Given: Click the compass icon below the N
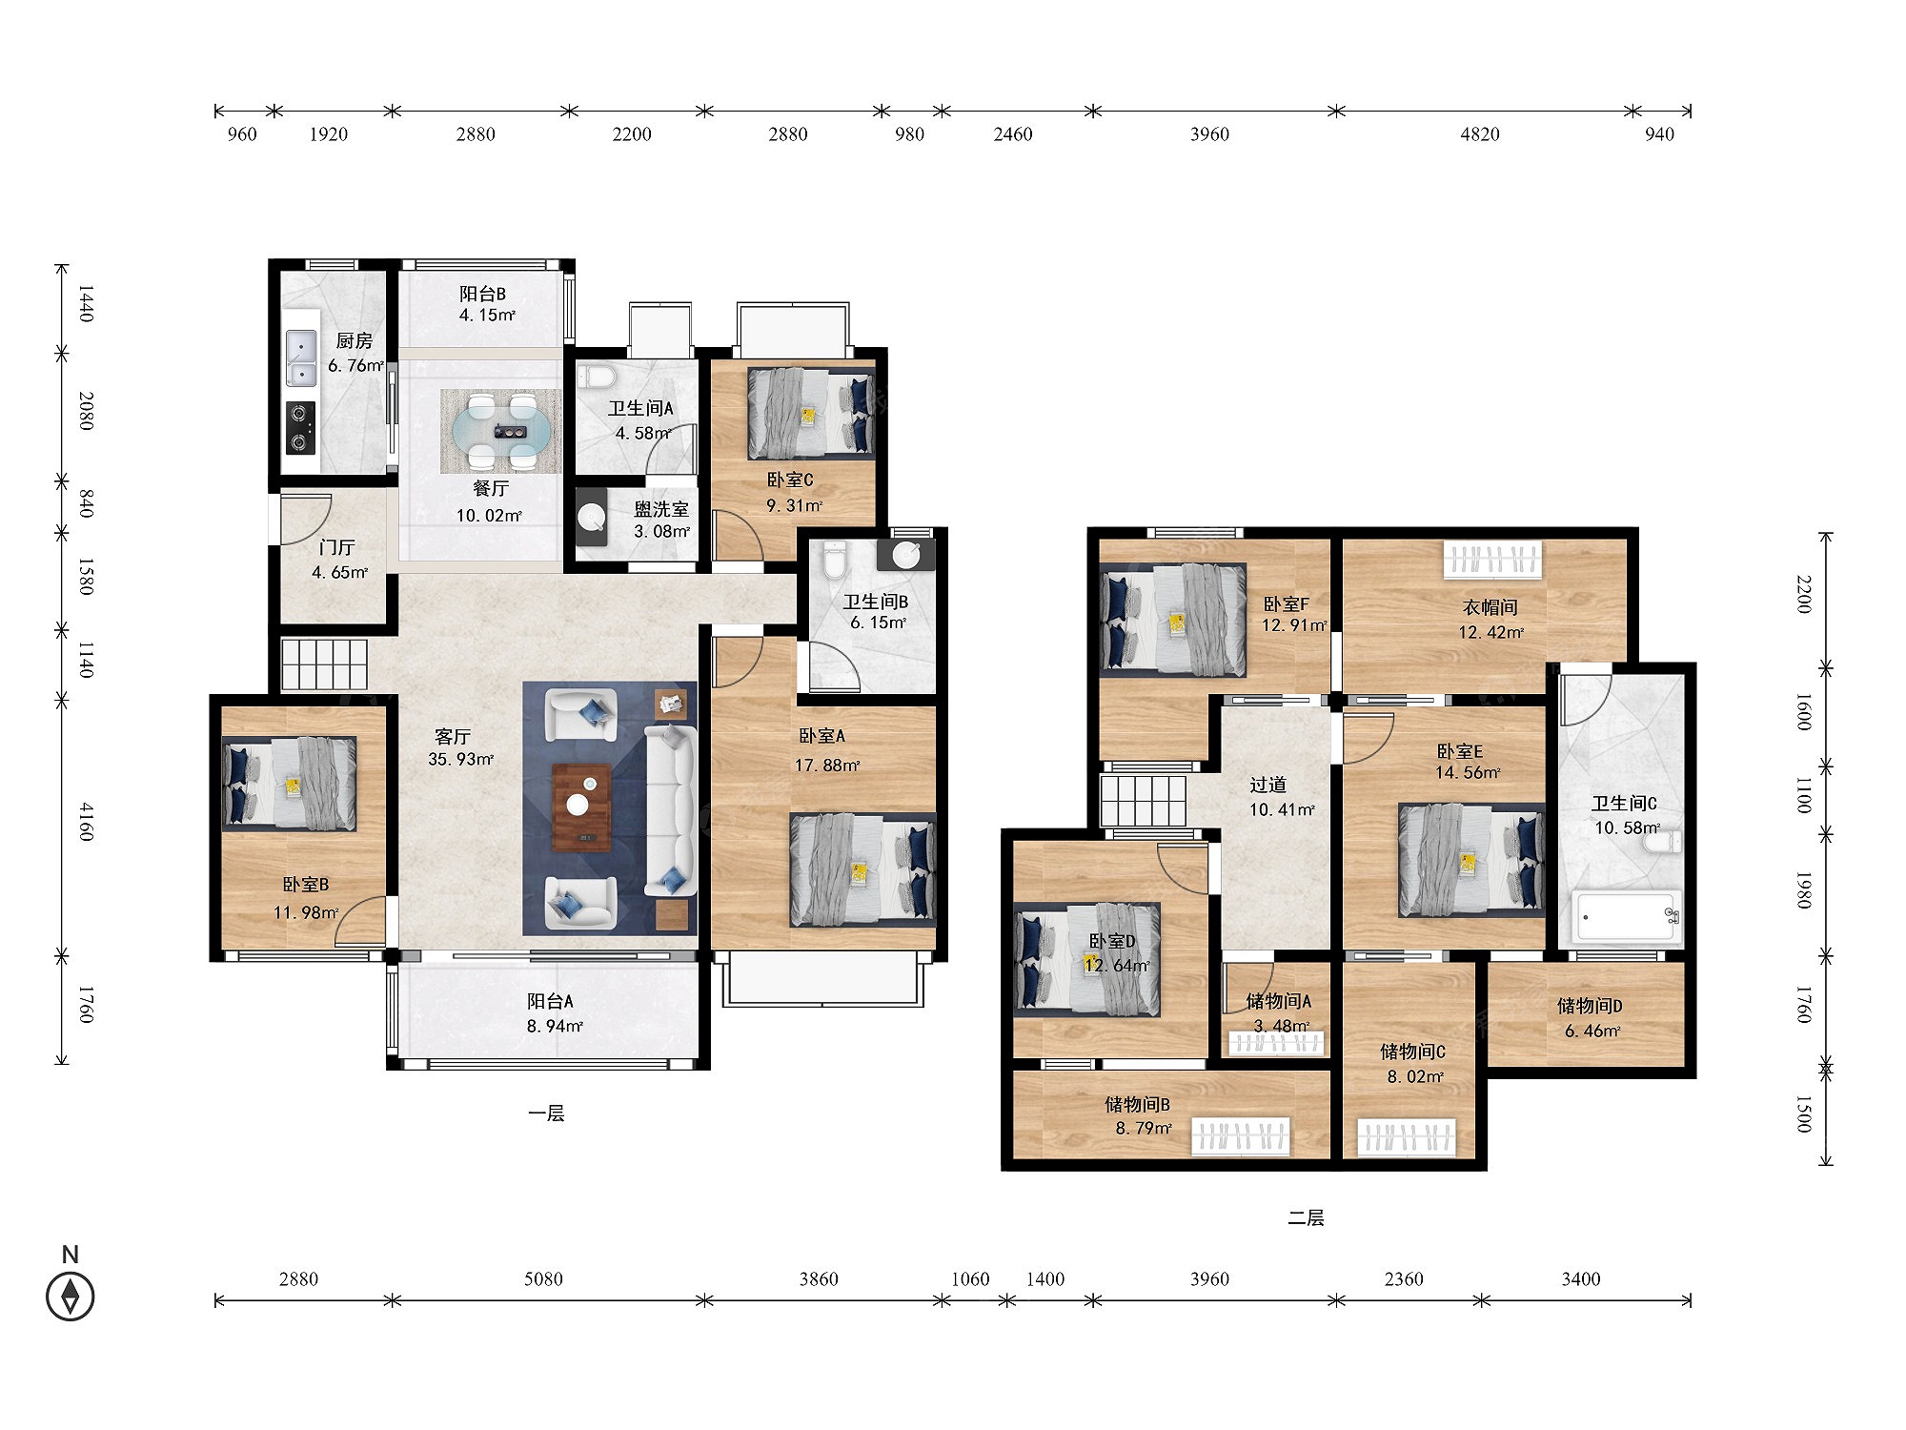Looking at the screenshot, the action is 71,1297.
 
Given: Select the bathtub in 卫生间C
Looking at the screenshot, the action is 1627,917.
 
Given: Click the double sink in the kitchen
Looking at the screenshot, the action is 302,357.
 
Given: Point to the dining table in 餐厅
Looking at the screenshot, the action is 501,432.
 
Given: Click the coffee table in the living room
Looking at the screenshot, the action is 581,807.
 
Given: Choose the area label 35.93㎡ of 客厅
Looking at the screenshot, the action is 461,760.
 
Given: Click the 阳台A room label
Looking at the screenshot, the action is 551,1001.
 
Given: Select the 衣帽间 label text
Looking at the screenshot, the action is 1490,607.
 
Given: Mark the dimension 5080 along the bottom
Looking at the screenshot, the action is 543,1279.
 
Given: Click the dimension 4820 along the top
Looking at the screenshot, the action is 1480,134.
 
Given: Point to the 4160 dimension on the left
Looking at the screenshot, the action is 87,822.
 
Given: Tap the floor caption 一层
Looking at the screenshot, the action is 546,1113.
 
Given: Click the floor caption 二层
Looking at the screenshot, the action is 1306,1218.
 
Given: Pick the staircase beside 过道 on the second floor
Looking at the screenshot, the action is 1144,801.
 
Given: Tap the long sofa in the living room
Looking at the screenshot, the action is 671,809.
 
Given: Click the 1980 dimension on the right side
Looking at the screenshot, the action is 1803,889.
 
